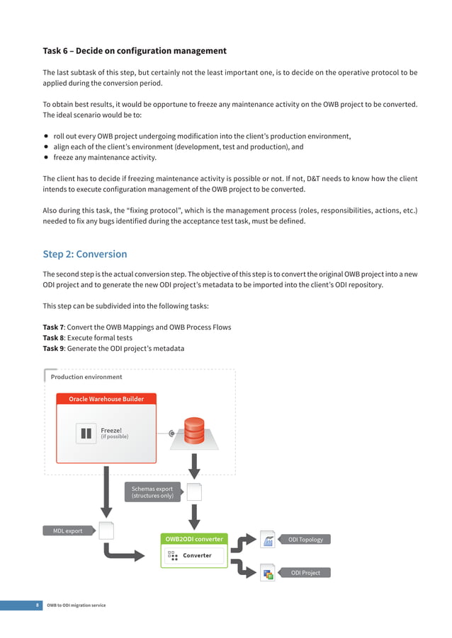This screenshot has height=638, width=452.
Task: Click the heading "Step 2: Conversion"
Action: [x=85, y=254]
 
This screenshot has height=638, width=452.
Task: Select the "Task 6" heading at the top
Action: [x=135, y=51]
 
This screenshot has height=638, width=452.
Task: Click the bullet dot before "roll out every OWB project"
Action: [x=46, y=137]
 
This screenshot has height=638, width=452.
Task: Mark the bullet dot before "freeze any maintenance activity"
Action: [x=46, y=158]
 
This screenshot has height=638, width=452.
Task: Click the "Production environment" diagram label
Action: [x=86, y=377]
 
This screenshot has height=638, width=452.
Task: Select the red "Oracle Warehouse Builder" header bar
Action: [x=106, y=399]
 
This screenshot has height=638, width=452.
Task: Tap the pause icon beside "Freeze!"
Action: [x=86, y=434]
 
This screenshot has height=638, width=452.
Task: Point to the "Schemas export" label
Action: [x=152, y=492]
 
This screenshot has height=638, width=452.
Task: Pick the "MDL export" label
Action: [x=68, y=530]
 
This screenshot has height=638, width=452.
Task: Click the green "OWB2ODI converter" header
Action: [x=194, y=539]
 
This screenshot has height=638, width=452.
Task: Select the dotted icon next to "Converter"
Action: [x=172, y=556]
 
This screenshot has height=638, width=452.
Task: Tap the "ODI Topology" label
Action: [x=305, y=540]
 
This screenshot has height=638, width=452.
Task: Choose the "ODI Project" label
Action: [x=305, y=573]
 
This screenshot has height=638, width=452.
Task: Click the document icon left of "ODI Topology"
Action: [x=268, y=540]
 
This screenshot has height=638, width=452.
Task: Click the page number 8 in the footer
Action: [x=38, y=605]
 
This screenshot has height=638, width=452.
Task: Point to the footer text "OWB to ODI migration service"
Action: [x=76, y=605]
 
